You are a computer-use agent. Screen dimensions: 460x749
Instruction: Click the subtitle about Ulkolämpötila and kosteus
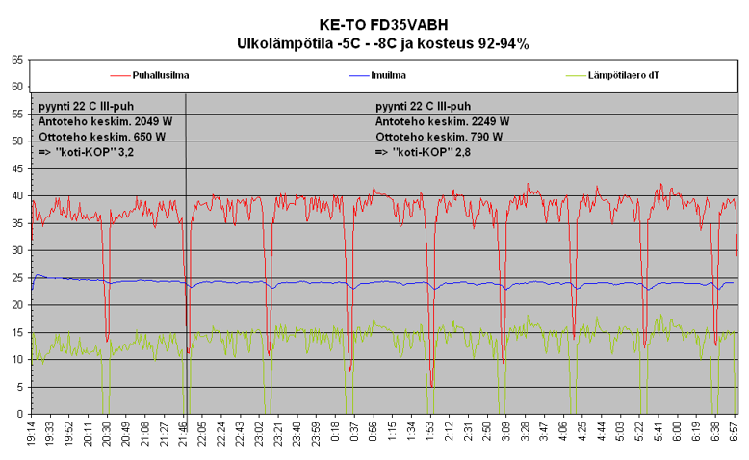[x=383, y=43]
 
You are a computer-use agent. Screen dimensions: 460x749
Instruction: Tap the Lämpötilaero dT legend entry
[x=623, y=74]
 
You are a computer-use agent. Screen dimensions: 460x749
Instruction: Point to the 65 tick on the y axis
[x=17, y=60]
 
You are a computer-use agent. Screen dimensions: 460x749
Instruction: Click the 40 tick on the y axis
[x=17, y=196]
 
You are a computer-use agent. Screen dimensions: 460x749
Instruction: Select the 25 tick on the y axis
[x=17, y=278]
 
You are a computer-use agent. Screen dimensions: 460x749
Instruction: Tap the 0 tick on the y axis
[x=20, y=415]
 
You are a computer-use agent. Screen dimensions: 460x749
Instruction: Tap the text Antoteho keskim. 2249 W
[x=442, y=121]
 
